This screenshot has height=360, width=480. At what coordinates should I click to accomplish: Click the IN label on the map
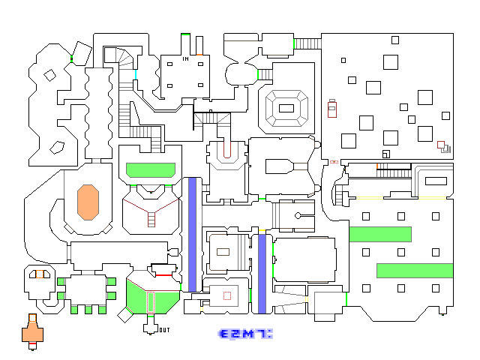pos(185,58)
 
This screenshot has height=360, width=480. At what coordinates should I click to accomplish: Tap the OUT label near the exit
pos(164,330)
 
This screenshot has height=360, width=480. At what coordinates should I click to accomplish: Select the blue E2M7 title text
pos(245,334)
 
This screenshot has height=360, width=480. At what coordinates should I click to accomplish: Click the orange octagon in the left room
pos(88,202)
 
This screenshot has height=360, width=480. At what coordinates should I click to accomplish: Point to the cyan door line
pos(136,75)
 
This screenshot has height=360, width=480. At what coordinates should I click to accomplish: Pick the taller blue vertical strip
pos(192,235)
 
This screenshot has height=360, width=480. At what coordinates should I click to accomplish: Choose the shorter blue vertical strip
pos(262,274)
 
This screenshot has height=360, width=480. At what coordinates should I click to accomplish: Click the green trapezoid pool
pos(151,170)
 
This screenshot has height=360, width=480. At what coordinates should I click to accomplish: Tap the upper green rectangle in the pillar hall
pos(380,234)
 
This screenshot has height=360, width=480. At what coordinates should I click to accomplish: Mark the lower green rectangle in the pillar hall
pos(415,271)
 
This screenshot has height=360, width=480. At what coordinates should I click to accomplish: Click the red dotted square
pos(227,295)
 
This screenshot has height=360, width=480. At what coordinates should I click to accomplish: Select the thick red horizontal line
pos(163,275)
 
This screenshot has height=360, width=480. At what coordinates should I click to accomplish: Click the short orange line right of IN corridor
pos(199,55)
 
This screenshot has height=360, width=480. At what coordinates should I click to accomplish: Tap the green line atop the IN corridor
pos(185,34)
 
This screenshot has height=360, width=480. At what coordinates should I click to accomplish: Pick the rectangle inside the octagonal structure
pos(286,108)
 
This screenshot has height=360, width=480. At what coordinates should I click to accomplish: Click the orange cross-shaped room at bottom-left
pos(32,331)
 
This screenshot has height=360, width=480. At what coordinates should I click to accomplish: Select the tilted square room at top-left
pos(82,53)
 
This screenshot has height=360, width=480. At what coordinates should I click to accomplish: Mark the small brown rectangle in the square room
pos(223,252)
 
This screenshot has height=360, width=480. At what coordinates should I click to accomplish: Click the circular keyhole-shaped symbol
pos(298,216)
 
